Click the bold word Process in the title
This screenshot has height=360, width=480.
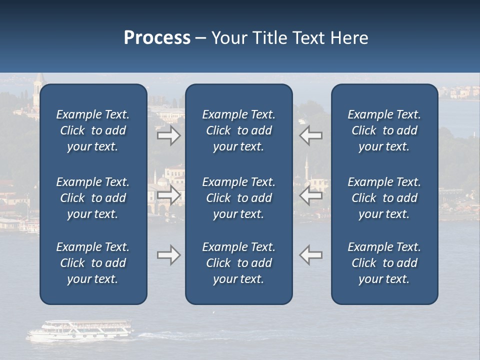pos(157,38)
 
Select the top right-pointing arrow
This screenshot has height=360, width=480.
pos(168,135)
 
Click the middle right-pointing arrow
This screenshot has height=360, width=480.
pos(168,195)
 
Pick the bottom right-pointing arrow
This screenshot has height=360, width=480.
pos(168,255)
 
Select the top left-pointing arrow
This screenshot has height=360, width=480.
pos(311,135)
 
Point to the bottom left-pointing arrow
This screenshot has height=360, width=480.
pos(311,255)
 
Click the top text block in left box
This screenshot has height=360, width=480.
pos(93,130)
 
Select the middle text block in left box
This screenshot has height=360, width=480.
pos(93,198)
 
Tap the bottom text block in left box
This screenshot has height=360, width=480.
pos(93,263)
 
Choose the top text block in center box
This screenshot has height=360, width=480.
pos(238,130)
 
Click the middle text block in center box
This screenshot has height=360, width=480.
pos(238,198)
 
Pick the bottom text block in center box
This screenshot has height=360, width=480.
pos(238,263)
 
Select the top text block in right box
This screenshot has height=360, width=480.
pos(384,130)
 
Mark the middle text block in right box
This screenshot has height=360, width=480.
pos(384,198)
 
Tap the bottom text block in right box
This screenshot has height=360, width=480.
pos(384,263)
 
